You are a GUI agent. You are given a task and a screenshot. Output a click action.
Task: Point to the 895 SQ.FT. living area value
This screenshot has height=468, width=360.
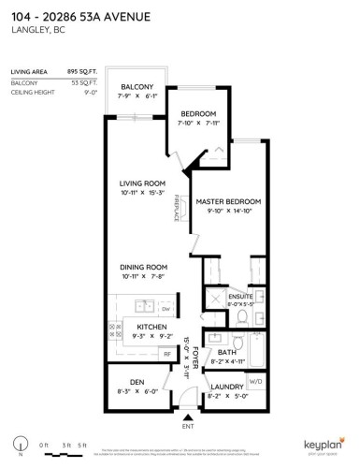tap(83, 71)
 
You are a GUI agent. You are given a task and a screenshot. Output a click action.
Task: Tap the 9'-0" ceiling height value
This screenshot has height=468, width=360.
tap(91, 92)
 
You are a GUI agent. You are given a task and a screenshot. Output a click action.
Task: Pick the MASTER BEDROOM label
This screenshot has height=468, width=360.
tap(227, 201)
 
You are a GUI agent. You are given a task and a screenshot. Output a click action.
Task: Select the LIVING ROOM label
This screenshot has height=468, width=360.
tap(141, 183)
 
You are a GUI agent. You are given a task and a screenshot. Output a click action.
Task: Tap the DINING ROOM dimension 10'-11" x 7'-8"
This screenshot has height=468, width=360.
tap(141, 276)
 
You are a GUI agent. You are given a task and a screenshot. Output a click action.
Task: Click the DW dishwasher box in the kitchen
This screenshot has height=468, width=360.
tap(165, 308)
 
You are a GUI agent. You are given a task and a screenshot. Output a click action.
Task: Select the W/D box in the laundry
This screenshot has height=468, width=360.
tap(255, 381)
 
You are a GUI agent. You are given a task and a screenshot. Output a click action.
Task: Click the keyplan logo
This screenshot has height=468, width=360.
tap(322, 445)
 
